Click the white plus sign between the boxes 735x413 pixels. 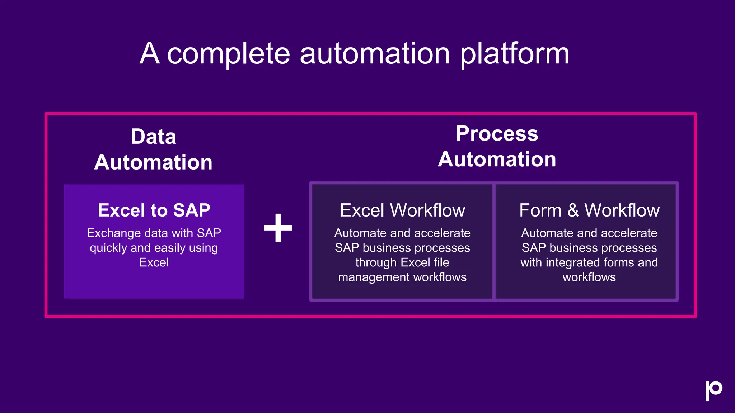(278, 228)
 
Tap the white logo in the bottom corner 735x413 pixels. (713, 390)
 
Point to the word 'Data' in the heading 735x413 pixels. (153, 137)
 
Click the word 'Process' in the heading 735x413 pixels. (497, 134)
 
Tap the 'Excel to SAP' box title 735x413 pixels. (154, 210)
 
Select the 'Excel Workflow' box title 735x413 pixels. (402, 210)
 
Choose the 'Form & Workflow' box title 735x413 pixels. (589, 210)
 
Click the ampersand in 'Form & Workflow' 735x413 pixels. (573, 210)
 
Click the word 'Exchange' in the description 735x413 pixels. (113, 233)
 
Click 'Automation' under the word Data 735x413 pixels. (153, 162)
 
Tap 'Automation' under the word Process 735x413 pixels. (497, 159)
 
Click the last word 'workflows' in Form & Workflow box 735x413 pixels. (589, 277)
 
